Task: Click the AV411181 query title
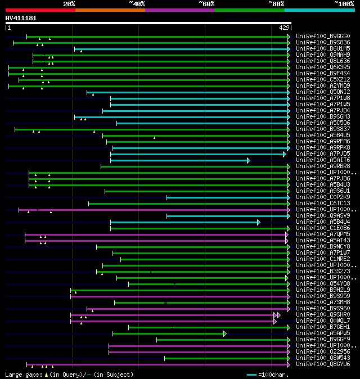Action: point(21,18)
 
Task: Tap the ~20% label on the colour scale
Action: point(69,4)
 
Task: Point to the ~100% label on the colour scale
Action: point(344,4)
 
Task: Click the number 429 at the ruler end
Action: point(284,28)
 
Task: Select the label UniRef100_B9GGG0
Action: point(322,37)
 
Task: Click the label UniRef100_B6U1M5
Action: point(322,49)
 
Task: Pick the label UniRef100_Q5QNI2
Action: point(322,92)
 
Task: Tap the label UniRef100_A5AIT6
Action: point(322,160)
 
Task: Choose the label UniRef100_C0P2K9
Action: point(322,197)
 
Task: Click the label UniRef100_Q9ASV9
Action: point(322,215)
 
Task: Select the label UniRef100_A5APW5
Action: point(322,333)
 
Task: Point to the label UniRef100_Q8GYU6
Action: point(322,364)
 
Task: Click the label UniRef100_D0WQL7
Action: point(322,321)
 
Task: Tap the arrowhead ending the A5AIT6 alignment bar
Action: point(248,160)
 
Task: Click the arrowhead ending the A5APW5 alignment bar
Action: point(224,333)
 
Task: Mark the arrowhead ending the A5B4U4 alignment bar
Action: point(258,222)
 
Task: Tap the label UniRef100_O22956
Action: point(322,351)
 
